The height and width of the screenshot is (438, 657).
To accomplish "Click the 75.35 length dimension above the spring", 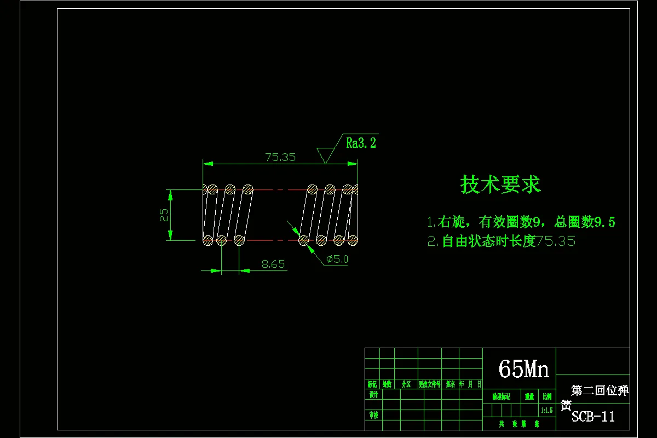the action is point(280,157).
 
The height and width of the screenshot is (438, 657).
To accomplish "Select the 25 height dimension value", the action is point(164,215).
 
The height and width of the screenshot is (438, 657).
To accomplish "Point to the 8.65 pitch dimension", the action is point(273,264).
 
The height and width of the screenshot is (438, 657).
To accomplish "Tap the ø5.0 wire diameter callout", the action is point(337,260).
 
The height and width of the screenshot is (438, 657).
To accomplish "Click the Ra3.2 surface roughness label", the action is point(361,143).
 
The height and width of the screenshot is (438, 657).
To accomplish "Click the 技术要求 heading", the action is point(500,185).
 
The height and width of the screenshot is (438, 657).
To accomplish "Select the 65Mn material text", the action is point(523,370).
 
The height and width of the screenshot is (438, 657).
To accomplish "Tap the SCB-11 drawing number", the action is point(593,417).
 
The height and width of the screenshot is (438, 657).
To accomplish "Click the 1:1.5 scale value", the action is point(546,410).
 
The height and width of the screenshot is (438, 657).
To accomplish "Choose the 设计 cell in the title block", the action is point(373,395).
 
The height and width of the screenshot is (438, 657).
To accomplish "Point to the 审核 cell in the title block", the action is point(373,415).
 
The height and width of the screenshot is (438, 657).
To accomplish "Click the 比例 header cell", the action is point(546,396).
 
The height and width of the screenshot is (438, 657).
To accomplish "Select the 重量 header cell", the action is point(529,396).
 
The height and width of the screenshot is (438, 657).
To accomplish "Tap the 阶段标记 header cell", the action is point(501,396).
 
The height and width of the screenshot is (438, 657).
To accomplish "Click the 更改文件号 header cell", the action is point(429,384).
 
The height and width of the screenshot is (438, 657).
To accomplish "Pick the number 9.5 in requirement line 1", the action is point(604,222).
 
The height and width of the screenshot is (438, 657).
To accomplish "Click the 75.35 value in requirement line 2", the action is point(556,241).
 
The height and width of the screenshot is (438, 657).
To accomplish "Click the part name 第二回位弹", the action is point(600,390).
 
